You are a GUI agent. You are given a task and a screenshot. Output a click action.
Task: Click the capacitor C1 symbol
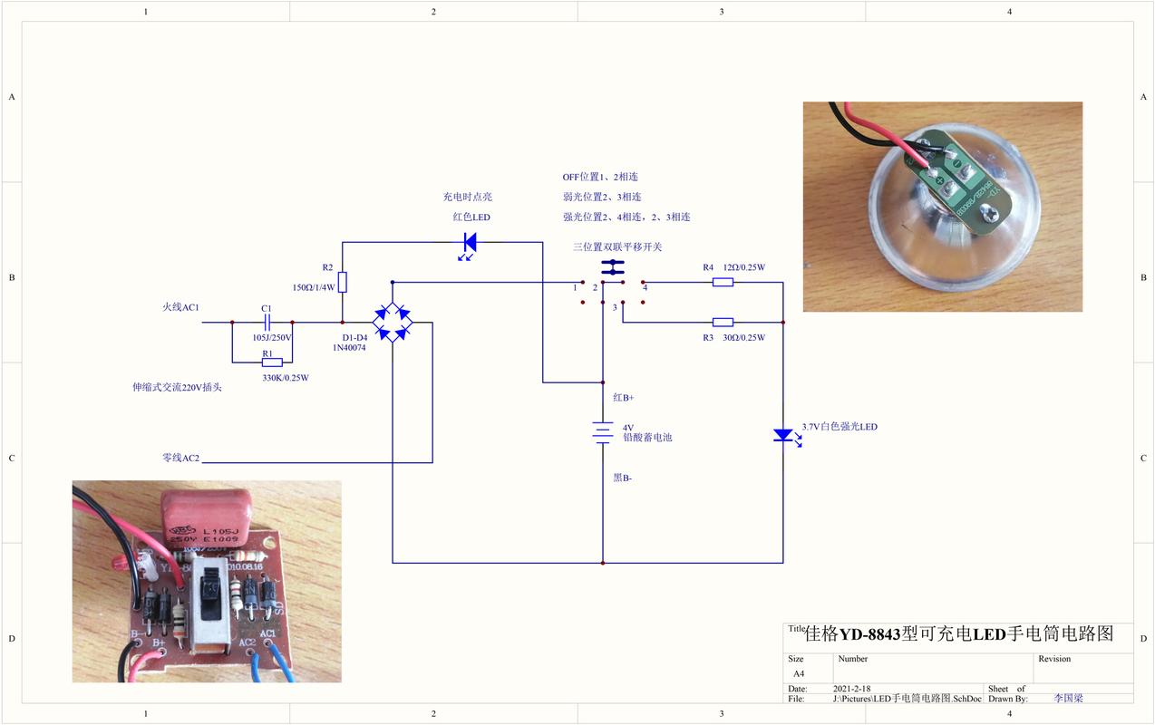[x=267, y=322]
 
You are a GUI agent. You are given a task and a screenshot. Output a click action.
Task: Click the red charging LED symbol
[x=470, y=243]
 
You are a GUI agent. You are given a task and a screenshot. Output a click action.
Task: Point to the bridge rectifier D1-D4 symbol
[x=392, y=322]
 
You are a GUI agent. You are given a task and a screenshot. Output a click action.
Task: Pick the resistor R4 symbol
[x=723, y=283]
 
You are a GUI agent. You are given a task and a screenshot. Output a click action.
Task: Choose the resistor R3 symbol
[x=723, y=322]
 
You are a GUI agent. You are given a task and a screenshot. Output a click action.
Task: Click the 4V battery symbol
[x=603, y=432]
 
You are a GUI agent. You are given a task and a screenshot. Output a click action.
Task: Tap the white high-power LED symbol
[x=783, y=435]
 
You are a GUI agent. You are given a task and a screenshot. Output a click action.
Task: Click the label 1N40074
[x=348, y=348]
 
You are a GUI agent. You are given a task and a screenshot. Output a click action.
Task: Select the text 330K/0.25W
[x=286, y=378]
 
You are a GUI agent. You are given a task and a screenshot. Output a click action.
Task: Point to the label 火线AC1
[x=180, y=308]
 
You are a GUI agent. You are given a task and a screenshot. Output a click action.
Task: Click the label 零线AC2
[x=180, y=459]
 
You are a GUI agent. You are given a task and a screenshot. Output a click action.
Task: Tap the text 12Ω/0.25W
[x=743, y=267]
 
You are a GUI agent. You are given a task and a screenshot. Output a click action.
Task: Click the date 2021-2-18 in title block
[x=853, y=689]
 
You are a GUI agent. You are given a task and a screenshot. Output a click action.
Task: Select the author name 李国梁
[x=1069, y=699]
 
